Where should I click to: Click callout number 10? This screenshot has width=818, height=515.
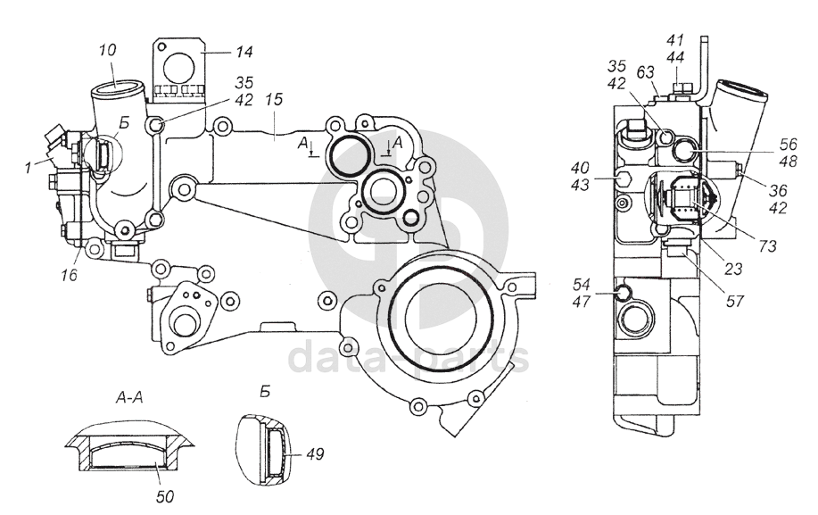(x=107, y=51)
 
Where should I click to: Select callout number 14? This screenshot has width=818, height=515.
(x=244, y=52)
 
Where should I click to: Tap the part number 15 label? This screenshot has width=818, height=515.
(x=273, y=99)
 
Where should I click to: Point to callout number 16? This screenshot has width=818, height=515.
(x=69, y=274)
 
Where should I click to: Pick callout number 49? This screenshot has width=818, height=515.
(x=315, y=454)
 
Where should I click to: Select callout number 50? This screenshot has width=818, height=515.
(x=164, y=496)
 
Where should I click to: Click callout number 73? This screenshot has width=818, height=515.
(x=768, y=245)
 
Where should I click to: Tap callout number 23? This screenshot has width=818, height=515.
(x=734, y=269)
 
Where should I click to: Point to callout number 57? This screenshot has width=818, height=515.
(x=734, y=301)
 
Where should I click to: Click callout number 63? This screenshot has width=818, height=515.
(x=645, y=72)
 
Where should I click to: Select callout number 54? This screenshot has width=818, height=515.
(x=581, y=285)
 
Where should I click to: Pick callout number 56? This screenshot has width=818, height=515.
(x=789, y=144)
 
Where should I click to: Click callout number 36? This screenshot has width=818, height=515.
(x=778, y=190)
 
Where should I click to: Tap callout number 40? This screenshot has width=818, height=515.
(x=580, y=168)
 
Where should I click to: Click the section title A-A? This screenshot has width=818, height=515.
(x=128, y=398)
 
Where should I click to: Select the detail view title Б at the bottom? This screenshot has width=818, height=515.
(x=266, y=391)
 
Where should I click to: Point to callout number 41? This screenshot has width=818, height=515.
(x=675, y=40)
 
